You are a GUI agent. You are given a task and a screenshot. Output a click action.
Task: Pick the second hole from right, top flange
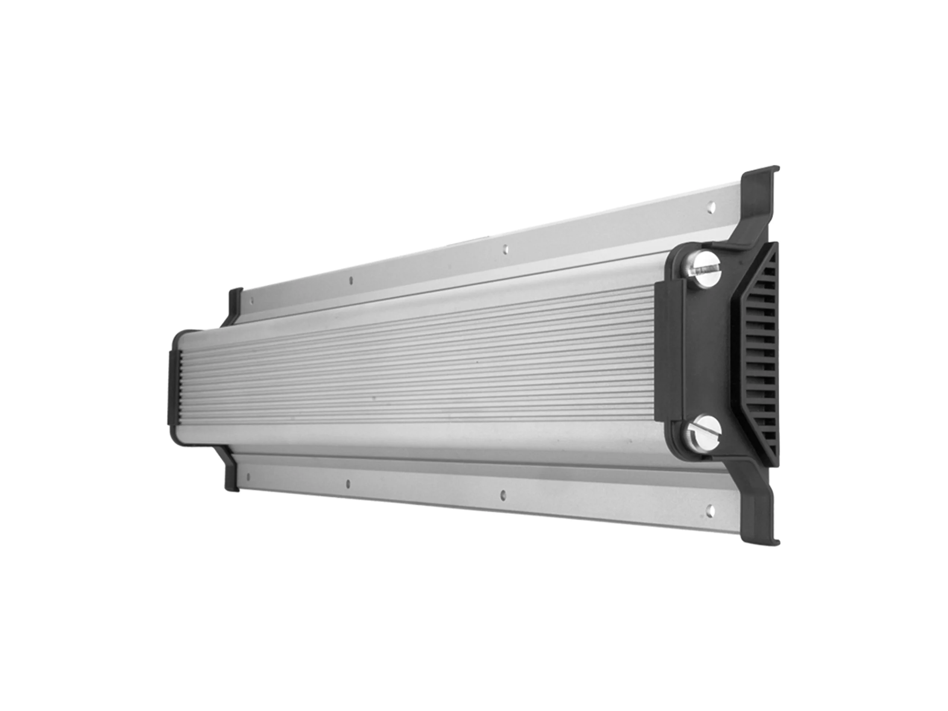506,248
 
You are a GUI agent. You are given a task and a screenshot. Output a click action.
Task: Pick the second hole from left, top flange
352,281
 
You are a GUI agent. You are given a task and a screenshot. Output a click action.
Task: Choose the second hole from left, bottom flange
348,483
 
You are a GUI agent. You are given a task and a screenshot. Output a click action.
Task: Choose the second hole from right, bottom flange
503,495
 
